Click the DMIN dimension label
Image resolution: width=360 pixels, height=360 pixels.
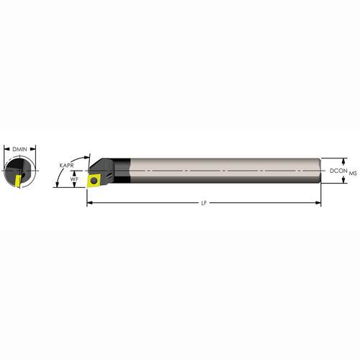19,149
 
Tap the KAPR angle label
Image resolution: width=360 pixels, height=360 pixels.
66,166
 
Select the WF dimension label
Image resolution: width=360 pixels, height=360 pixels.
74,179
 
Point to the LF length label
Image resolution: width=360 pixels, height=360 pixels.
204,203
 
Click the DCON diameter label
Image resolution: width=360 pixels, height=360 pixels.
338,171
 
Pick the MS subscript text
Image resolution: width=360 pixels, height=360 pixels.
353,173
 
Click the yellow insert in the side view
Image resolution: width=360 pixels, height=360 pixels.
94,181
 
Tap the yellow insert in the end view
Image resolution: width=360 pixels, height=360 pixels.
17,181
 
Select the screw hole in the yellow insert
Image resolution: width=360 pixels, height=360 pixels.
94,180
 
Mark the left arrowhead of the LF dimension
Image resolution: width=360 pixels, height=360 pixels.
89,203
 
